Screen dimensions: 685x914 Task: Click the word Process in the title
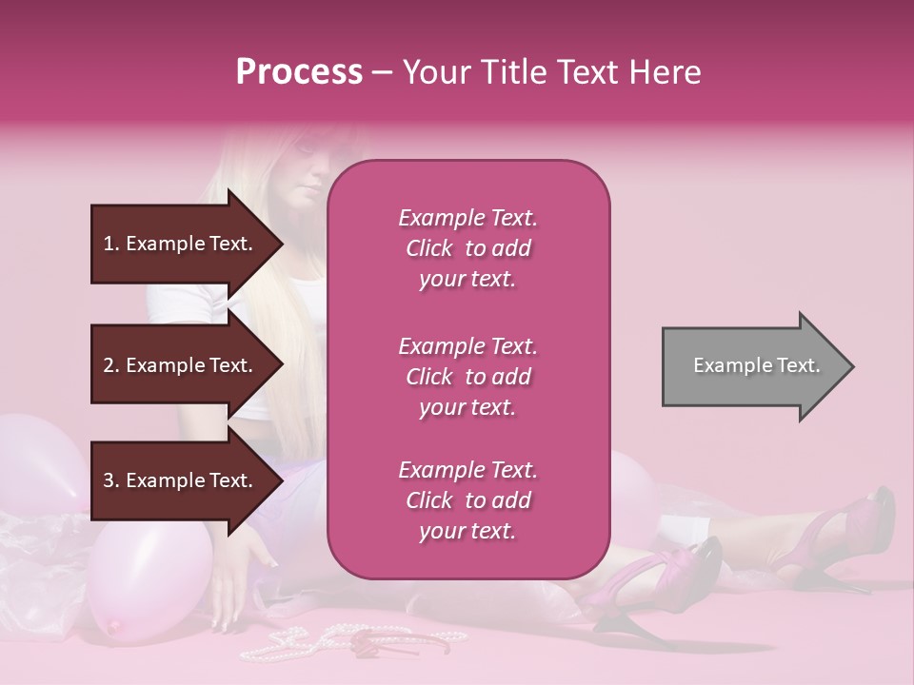(299, 71)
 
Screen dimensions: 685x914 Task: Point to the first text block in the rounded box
(467, 248)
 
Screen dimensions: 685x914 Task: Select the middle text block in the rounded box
(467, 377)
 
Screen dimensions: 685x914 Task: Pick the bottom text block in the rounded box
(467, 500)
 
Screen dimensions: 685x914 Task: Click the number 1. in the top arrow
(111, 244)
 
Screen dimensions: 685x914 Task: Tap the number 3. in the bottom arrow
(111, 480)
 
